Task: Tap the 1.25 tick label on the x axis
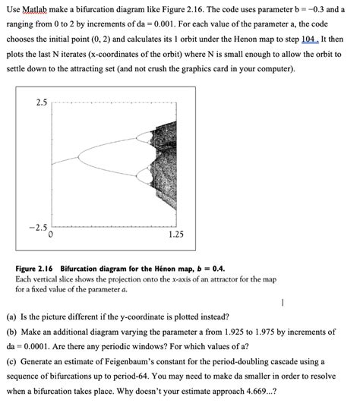pos(176,235)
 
